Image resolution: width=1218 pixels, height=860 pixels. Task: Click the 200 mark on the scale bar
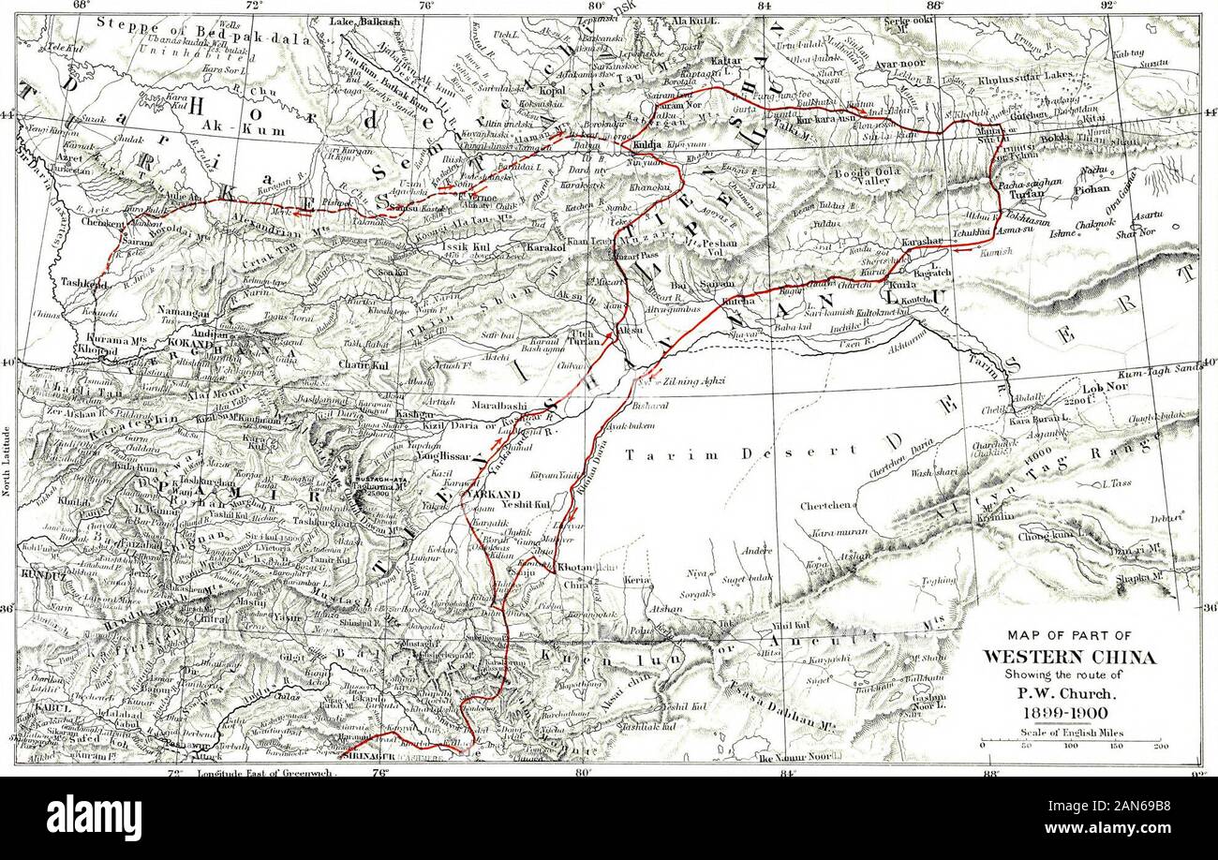pos(1162,747)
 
